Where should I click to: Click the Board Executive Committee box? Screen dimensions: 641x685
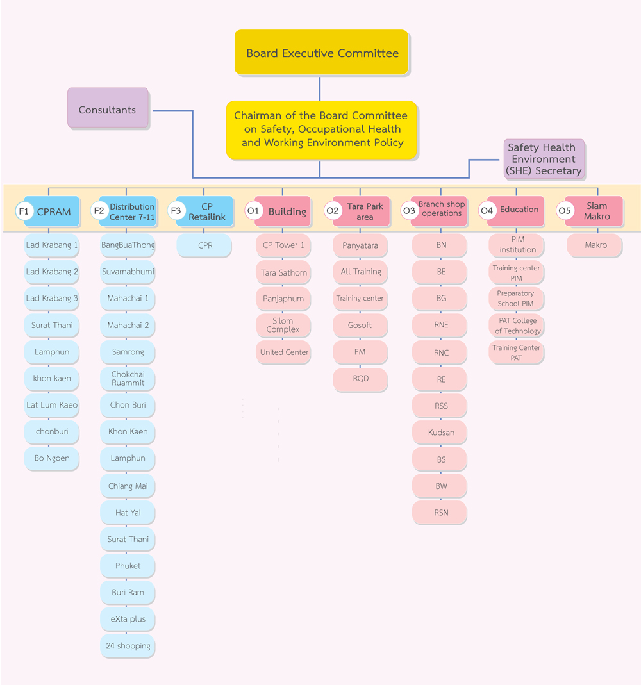321,53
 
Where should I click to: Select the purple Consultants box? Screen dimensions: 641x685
108,108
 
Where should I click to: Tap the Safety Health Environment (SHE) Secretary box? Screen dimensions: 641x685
544,159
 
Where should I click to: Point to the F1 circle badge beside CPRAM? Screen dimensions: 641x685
24,211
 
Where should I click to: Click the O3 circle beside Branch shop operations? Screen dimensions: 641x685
409,211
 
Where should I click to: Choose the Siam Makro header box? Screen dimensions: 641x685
594,211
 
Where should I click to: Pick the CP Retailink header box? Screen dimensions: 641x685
204,211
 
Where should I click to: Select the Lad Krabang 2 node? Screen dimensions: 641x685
51,272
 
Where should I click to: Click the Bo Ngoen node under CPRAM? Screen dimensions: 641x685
51,458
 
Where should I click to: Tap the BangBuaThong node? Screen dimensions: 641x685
128,245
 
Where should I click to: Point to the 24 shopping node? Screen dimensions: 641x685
128,646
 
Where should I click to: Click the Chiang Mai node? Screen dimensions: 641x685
128,486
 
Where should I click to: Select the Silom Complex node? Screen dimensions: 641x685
283,325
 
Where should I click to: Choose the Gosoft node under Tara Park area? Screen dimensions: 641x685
360,325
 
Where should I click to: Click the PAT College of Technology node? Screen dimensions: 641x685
517,326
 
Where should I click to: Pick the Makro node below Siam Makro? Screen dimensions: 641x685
595,245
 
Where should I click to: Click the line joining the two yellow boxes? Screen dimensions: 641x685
320,88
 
